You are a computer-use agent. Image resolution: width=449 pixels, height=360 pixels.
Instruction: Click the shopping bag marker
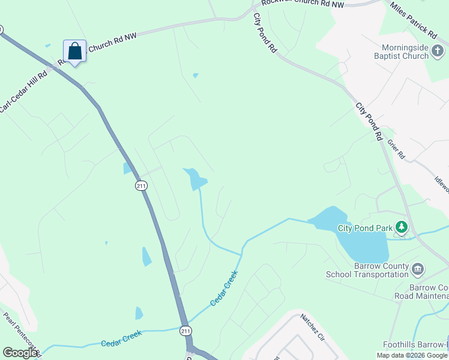click(74, 52)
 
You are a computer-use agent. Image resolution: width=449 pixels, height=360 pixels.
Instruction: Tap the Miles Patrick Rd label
click(413, 17)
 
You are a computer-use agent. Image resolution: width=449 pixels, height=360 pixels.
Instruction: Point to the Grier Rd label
click(396, 149)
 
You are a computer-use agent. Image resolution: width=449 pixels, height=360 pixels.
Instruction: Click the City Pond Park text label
click(364, 228)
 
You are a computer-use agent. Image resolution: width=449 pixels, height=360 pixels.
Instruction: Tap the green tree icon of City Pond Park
click(402, 227)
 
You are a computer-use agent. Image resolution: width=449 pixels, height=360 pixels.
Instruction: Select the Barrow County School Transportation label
click(367, 271)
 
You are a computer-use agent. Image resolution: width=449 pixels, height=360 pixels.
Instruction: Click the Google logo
click(20, 353)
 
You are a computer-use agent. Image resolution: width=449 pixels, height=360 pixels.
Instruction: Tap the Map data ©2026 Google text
click(412, 355)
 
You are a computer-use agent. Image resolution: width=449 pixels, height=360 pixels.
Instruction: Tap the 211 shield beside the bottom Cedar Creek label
click(186, 331)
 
